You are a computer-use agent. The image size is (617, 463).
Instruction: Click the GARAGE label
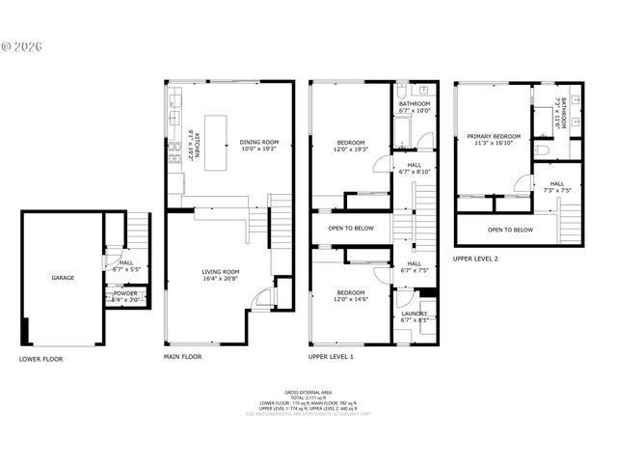63,278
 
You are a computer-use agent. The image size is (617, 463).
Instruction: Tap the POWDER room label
125,293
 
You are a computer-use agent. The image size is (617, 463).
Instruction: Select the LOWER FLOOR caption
41,358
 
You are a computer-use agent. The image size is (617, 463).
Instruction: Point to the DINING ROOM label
258,143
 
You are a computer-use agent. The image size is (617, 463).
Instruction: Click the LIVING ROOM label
221,272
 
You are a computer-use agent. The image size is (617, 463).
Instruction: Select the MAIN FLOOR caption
183,356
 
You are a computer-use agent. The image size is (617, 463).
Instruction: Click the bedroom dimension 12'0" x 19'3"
350,150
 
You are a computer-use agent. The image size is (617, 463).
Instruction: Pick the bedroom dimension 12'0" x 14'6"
350,298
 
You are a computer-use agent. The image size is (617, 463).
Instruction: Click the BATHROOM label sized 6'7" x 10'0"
415,103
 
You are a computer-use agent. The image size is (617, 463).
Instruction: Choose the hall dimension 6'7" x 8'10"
414,172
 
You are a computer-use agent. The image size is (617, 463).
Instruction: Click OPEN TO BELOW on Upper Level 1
350,229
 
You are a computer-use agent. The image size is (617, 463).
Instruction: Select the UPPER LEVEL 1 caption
331,356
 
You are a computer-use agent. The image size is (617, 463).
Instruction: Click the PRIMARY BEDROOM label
493,137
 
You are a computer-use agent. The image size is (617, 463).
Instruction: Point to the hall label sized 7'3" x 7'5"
557,183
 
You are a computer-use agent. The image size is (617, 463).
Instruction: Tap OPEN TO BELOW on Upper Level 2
510,230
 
